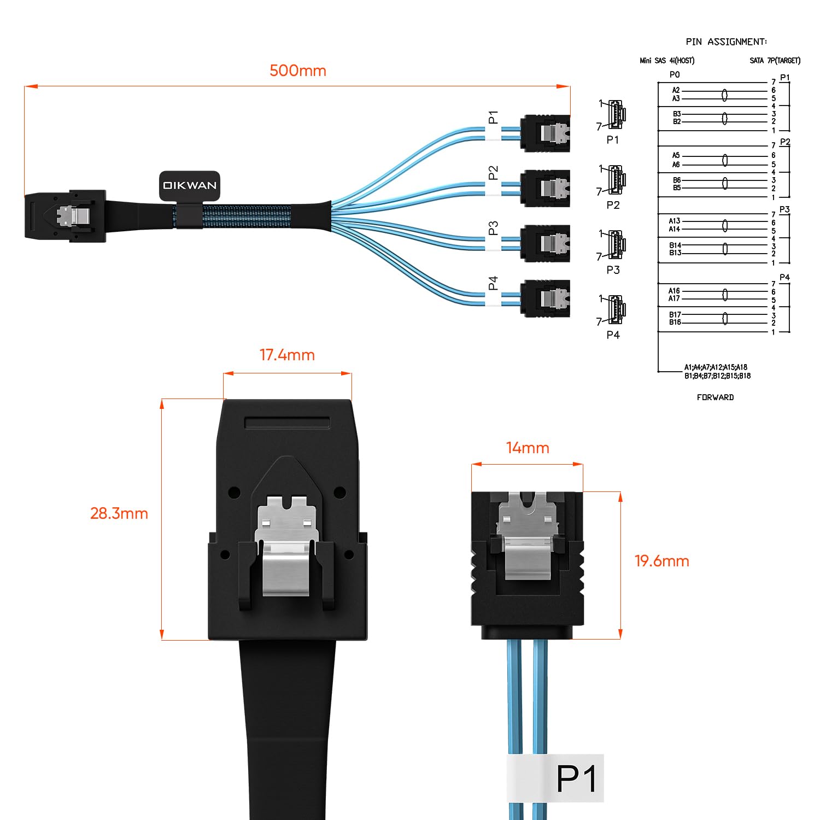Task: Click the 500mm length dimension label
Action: [298, 71]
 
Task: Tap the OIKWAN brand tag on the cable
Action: [190, 185]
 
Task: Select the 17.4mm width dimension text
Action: [287, 355]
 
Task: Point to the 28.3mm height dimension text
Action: [119, 514]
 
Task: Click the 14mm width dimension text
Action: [528, 448]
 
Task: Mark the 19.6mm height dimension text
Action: [661, 561]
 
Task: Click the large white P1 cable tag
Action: [555, 778]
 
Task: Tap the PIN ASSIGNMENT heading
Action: [726, 42]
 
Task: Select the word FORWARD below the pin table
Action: [715, 397]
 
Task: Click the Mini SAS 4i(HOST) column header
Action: [667, 61]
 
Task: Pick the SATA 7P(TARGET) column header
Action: [775, 61]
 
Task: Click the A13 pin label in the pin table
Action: [675, 221]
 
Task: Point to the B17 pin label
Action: [675, 314]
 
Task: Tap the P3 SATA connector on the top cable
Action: [545, 244]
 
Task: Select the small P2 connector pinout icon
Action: [616, 180]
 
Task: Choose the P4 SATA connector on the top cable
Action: [545, 298]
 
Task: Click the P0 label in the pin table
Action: [675, 74]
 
